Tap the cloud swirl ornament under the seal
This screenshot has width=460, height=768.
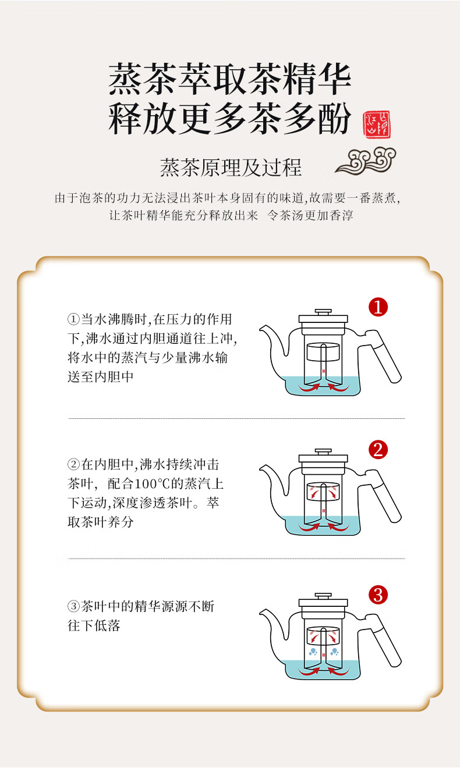point(366,160)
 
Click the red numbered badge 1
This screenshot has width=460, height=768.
point(378,307)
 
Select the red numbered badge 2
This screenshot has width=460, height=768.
point(378,450)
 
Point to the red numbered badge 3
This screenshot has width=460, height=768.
point(378,595)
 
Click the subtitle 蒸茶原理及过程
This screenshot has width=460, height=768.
point(231,168)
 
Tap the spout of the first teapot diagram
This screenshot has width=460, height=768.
point(273,339)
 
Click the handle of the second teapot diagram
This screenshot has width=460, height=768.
point(384,496)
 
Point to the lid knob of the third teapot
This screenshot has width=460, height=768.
point(323,596)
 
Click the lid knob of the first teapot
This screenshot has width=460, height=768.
point(323,312)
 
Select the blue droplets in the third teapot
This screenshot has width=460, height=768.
point(324,652)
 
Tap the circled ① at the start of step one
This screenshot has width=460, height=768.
point(73,319)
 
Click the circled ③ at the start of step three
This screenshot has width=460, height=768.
point(73,606)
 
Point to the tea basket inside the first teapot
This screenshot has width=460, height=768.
point(323,352)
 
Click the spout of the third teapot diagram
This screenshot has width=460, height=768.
point(273,624)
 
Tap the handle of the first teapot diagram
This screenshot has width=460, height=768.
point(384,357)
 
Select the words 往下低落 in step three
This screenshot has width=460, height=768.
point(94,625)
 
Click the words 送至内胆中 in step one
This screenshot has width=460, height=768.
point(101,377)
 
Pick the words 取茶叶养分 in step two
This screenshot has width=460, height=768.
point(101,522)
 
